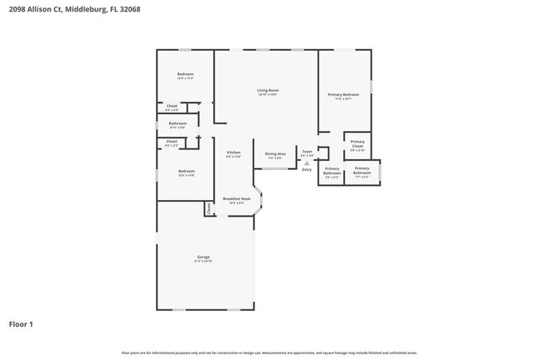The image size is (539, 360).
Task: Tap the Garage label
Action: click(203, 257)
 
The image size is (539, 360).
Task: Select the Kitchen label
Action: click(234, 153)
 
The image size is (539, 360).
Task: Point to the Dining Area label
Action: click(275, 153)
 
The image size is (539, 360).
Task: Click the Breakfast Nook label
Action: click(236, 199)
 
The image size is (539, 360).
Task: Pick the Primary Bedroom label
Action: click(343, 95)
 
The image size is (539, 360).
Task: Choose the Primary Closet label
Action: click(357, 145)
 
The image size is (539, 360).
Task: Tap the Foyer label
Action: click(307, 152)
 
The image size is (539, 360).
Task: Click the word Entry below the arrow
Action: click(307, 169)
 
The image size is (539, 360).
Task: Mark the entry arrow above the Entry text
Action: click(307, 163)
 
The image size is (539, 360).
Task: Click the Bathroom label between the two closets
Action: click(178, 124)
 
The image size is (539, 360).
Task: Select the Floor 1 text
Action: click(21, 324)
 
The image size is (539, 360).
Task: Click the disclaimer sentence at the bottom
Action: click(269, 353)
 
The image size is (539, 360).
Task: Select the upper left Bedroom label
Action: click(186, 75)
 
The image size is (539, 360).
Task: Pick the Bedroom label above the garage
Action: click(186, 172)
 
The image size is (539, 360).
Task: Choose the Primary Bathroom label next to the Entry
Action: click(332, 173)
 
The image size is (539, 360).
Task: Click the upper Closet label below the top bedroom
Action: click(172, 105)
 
